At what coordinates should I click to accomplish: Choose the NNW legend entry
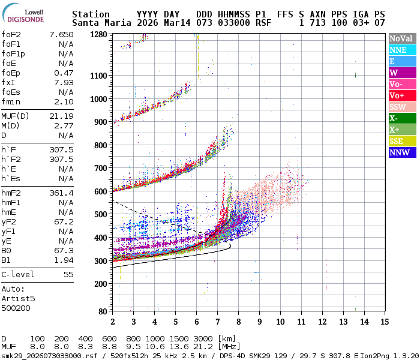click(399, 152)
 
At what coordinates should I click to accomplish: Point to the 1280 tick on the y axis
click(98, 35)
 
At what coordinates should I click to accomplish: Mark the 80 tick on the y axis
click(103, 311)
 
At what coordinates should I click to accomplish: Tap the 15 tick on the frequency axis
click(384, 322)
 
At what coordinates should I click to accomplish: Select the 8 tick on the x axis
click(238, 322)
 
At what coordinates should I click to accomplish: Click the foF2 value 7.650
click(61, 34)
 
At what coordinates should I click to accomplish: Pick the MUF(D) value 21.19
click(61, 116)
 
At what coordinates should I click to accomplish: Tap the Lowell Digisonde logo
click(26, 14)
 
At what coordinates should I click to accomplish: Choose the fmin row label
click(11, 101)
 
